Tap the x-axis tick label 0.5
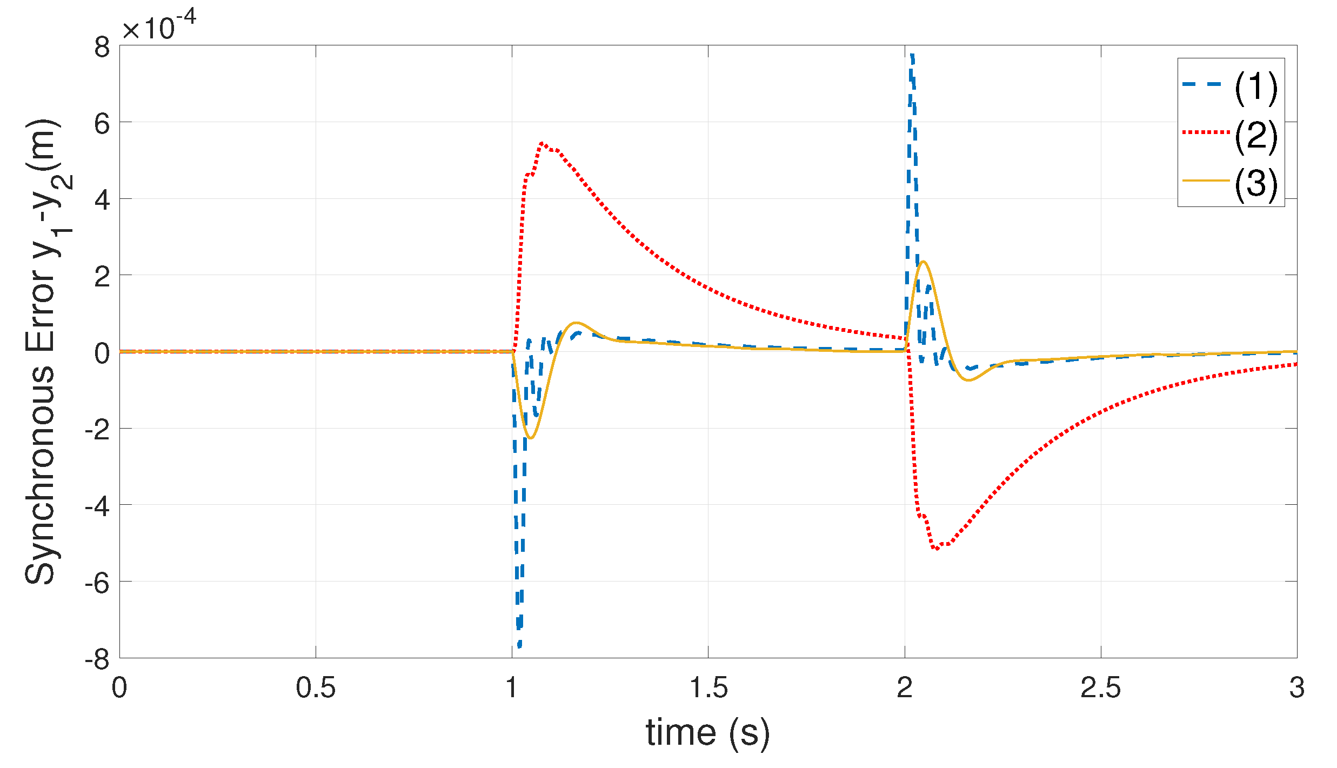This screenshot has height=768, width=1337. (316, 688)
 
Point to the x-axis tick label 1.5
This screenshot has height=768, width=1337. (708, 688)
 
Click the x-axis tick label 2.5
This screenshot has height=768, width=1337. (1100, 688)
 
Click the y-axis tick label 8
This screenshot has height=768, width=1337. (102, 48)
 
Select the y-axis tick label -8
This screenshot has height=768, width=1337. (97, 659)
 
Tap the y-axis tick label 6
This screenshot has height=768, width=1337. (102, 124)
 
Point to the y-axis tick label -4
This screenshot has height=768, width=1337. (97, 506)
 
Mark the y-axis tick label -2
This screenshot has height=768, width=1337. (97, 430)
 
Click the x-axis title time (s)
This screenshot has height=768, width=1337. (708, 733)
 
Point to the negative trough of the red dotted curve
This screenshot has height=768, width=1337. (936, 549)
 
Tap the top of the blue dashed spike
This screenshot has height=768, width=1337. (912, 55)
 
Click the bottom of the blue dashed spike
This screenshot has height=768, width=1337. (519, 646)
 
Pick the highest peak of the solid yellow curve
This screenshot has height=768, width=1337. (924, 262)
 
